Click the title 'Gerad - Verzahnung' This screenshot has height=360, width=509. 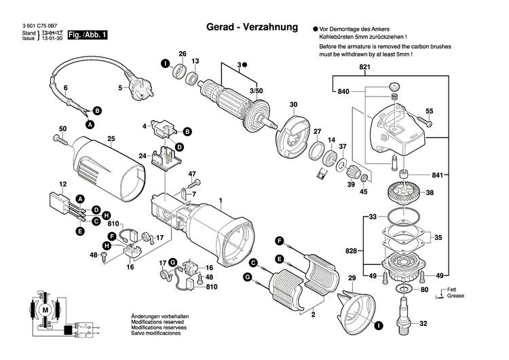pyautogui.click(x=252, y=29)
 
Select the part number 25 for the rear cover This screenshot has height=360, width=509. pyautogui.click(x=111, y=139)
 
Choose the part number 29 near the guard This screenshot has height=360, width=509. pyautogui.click(x=352, y=279)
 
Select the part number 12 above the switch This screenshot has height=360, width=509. pyautogui.click(x=62, y=185)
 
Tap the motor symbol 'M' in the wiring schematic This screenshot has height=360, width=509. pyautogui.click(x=46, y=310)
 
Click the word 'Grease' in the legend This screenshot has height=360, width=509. pyautogui.click(x=456, y=297)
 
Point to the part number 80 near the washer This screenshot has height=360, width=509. pyautogui.click(x=425, y=291)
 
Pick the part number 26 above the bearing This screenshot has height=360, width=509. pyautogui.click(x=182, y=54)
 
